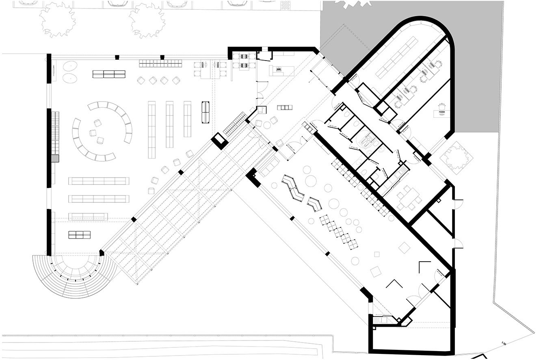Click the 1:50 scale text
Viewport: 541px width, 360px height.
pyautogui.click(x=504, y=344)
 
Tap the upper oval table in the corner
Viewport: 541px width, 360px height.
pyautogui.click(x=71, y=65)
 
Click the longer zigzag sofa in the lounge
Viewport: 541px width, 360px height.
pyautogui.click(x=294, y=189)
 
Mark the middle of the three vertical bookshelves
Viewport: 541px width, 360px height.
pyautogui.click(x=170, y=119)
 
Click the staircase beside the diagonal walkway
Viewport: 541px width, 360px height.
pyautogui.click(x=235, y=124)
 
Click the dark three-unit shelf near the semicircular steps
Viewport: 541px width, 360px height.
pyautogui.click(x=80, y=234)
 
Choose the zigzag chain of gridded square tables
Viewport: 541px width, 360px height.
pyautogui.click(x=339, y=232)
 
